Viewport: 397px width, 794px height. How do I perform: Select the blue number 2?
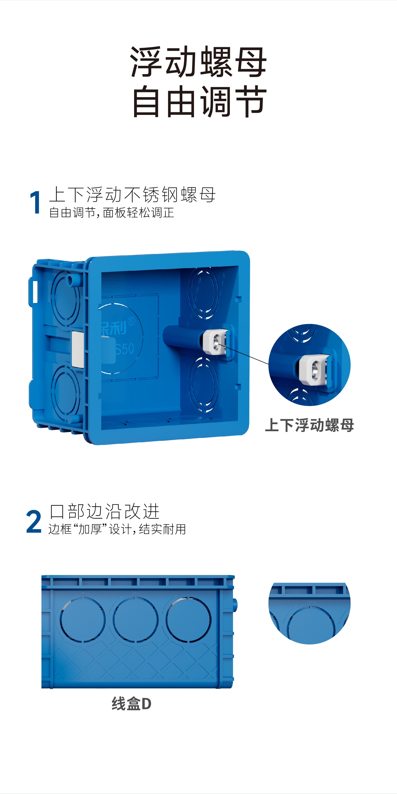pyautogui.click(x=34, y=522)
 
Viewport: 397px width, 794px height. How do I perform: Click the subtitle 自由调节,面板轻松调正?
pyautogui.click(x=112, y=213)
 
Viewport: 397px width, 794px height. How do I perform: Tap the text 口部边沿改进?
pyautogui.click(x=104, y=512)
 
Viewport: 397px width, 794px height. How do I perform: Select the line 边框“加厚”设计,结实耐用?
pyautogui.click(x=117, y=529)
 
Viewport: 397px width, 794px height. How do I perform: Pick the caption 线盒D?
pyautogui.click(x=131, y=704)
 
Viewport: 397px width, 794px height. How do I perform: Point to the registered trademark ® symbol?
pyautogui.click(x=131, y=322)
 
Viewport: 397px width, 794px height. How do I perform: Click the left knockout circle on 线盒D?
pyautogui.click(x=83, y=619)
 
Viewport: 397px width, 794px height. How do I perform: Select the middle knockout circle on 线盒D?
pyautogui.click(x=136, y=619)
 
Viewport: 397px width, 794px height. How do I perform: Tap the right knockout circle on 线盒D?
pyautogui.click(x=189, y=619)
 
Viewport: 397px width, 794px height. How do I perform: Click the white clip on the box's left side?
pyautogui.click(x=77, y=349)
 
